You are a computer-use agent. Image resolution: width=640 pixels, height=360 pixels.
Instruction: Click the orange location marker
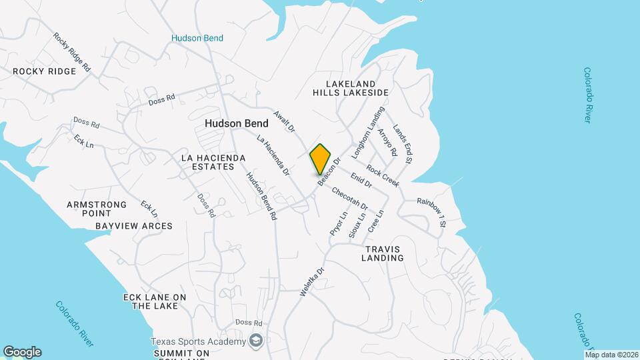pos(320,159)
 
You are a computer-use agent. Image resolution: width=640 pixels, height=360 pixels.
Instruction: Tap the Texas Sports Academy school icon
pos(255,341)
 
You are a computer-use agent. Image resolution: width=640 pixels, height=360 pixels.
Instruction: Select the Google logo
pos(22,352)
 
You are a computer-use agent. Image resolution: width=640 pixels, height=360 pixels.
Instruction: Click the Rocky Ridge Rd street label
pos(71,53)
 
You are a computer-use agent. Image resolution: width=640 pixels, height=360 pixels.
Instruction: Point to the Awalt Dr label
pos(284,119)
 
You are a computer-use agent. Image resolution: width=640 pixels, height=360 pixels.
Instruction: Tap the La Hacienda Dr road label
pos(273,155)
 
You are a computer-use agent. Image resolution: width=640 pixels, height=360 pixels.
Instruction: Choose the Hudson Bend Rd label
pos(261,197)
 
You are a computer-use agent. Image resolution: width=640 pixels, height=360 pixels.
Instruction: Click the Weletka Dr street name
pos(311,281)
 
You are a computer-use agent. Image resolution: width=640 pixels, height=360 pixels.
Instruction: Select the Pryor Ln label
pos(339,223)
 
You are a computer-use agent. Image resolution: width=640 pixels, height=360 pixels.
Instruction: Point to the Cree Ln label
pos(376,222)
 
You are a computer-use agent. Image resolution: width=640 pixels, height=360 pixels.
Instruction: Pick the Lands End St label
pos(403,144)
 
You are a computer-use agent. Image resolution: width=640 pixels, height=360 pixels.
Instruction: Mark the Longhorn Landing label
pos(368,133)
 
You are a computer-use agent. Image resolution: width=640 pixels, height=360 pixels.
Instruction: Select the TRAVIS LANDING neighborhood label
pos(383,253)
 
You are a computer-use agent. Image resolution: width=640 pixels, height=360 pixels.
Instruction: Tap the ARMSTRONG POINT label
pos(97,209)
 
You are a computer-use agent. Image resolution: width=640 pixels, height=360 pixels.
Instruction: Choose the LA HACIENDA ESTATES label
pos(213,162)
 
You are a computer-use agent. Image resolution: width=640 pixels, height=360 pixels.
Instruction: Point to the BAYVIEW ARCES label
pos(133,226)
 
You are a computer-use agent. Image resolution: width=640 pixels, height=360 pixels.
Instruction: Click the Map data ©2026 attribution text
pos(612,355)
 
